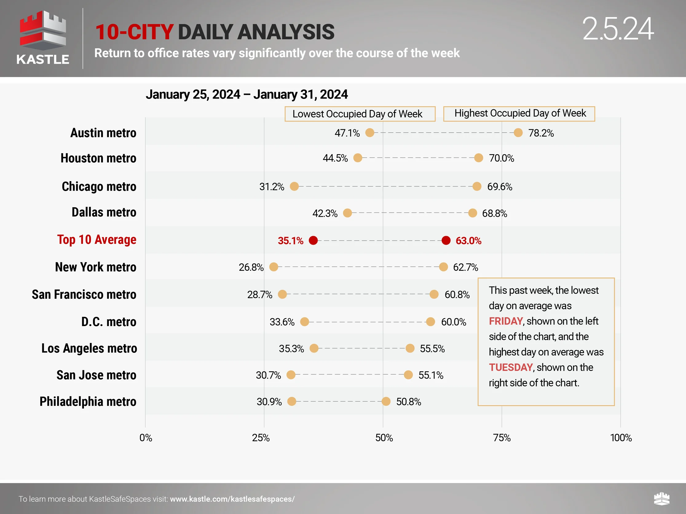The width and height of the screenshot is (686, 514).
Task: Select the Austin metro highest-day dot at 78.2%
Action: coord(518,133)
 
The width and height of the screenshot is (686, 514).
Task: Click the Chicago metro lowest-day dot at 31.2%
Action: coord(294,186)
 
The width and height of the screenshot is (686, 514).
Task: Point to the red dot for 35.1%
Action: coord(313,240)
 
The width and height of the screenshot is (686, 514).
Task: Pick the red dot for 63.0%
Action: coord(446,240)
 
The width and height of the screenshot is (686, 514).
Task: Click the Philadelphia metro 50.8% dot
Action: coord(386,402)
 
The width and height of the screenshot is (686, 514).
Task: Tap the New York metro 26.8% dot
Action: coord(274,267)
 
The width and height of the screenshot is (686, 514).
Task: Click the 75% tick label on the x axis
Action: coord(502,438)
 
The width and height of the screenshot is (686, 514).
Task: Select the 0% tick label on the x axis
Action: coord(146,438)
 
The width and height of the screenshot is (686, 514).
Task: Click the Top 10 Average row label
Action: coord(97,240)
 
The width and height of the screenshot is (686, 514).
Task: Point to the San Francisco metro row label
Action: coord(84,294)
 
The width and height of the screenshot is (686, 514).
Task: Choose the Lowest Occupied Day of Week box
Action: coord(360,114)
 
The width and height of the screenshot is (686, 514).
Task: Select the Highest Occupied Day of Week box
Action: coord(519,114)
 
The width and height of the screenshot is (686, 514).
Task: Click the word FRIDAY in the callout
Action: coord(506,321)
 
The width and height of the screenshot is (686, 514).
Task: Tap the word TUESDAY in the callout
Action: coord(511,368)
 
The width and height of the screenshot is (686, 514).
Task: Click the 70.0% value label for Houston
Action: coord(502,158)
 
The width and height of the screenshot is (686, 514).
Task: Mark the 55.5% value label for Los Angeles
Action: coord(432,349)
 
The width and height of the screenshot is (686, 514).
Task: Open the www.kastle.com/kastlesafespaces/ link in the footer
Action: coord(232,499)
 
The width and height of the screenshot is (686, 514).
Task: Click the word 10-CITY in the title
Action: coord(134,32)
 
